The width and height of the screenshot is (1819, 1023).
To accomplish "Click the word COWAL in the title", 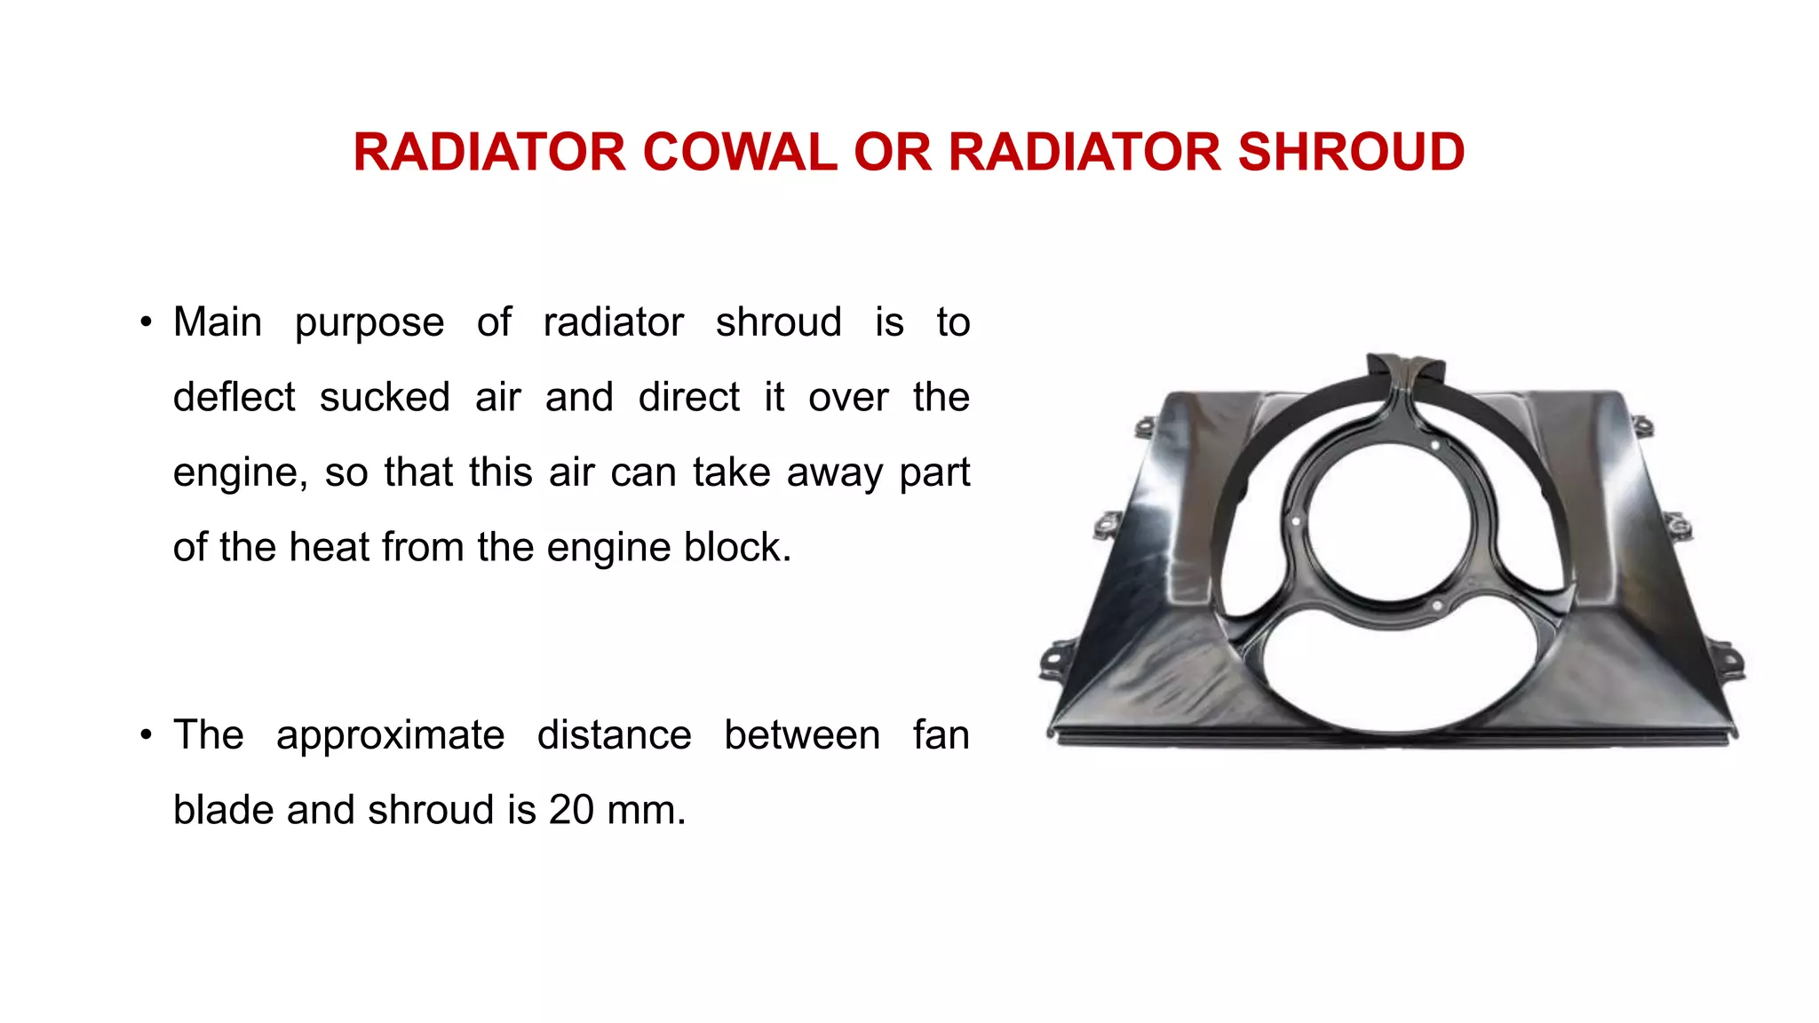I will (x=739, y=152).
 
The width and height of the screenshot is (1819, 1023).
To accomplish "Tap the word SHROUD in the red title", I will (x=1350, y=152).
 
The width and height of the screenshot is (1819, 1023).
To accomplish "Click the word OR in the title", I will (x=892, y=152).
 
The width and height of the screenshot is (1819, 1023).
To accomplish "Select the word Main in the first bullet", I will (x=218, y=321).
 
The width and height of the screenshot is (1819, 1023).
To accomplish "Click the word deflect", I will (x=234, y=397).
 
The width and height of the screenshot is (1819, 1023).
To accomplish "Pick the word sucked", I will (x=385, y=397).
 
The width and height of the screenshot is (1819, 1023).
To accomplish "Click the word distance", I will (x=614, y=735).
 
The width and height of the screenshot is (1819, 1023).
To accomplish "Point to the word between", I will (x=802, y=735).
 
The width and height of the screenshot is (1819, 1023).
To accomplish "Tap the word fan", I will (x=941, y=735).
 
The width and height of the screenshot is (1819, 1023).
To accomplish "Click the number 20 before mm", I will (x=571, y=810).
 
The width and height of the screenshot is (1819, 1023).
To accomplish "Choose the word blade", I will (x=223, y=810).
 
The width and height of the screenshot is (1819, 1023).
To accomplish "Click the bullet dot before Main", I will (x=147, y=322).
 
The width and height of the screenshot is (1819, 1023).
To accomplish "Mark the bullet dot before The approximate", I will (x=147, y=736).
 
